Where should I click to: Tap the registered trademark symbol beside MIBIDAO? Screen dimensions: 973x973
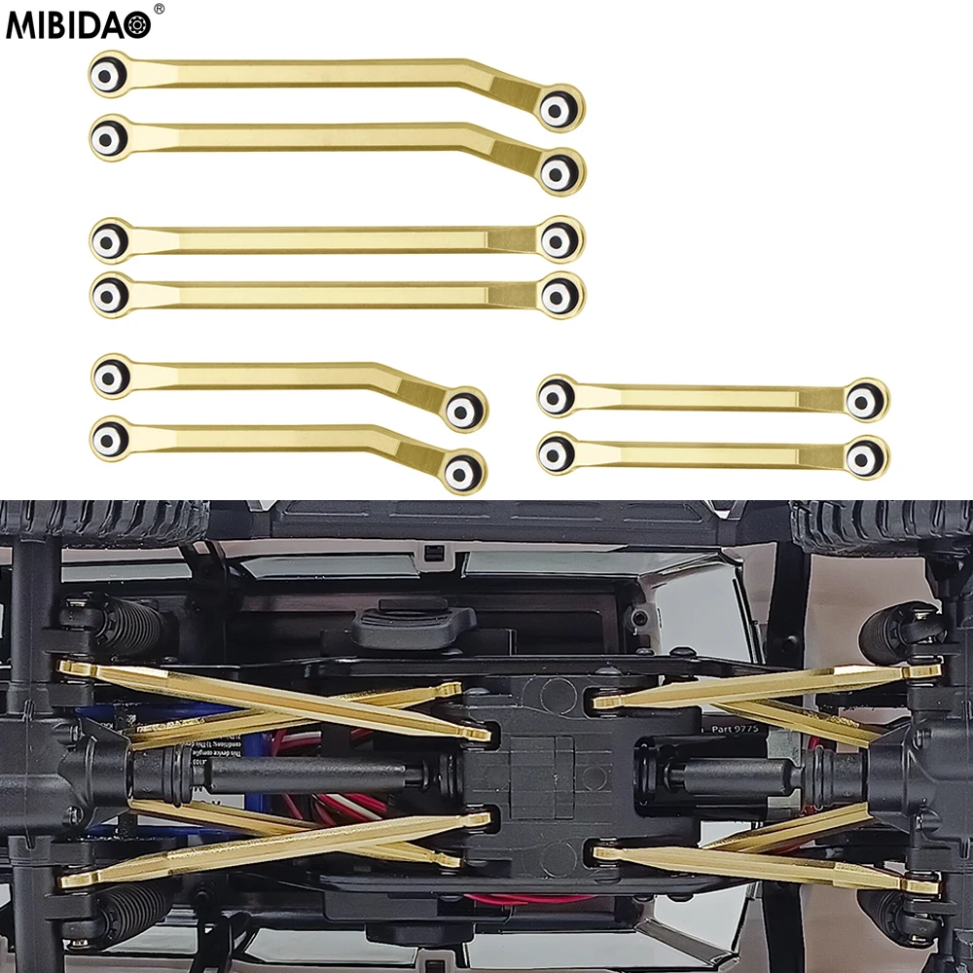tap(160, 10)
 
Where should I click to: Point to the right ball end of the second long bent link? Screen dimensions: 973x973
tap(557, 172)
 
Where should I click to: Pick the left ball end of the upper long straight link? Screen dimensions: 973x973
tap(110, 239)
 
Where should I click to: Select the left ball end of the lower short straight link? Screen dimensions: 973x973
tap(556, 451)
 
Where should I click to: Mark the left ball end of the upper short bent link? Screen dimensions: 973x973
tap(111, 377)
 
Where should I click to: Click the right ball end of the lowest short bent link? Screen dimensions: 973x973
tap(461, 471)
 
